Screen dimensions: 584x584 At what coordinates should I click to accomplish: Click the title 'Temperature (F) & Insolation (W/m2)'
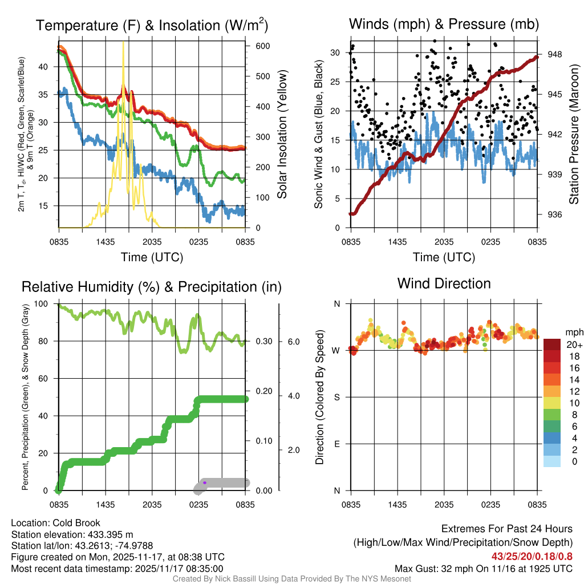[152, 25]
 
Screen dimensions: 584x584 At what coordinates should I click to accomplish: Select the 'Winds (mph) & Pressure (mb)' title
[444, 24]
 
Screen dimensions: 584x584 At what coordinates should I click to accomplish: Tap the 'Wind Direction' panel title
[444, 283]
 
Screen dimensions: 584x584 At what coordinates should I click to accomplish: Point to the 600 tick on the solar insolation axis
[254, 46]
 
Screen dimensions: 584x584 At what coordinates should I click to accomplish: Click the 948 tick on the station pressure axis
[554, 54]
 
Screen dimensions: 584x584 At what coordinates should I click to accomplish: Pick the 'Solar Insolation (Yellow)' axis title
[282, 134]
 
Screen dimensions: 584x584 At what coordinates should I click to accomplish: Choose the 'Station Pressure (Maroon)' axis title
[574, 134]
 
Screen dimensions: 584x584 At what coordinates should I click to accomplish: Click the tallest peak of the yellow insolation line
[123, 43]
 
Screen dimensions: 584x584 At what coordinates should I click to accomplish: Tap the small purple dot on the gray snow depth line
[205, 482]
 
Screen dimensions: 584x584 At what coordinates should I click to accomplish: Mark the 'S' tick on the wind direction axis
[336, 397]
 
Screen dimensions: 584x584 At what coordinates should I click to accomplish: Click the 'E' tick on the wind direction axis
[336, 444]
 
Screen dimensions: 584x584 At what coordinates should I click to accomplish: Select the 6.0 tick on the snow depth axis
[294, 341]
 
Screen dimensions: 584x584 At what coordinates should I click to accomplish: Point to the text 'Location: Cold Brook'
[55, 523]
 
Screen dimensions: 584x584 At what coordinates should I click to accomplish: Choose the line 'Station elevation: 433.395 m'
[72, 534]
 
